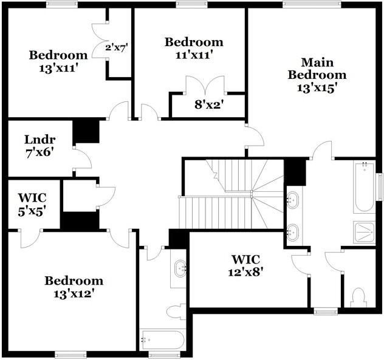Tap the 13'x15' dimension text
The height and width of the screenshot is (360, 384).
click(317, 87)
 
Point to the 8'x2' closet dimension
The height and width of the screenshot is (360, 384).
click(209, 104)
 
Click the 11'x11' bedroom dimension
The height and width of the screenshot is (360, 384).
click(194, 54)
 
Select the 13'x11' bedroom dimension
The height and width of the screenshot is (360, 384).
click(58, 67)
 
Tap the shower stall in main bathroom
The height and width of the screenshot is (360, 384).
click(365, 233)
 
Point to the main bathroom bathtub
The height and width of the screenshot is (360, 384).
click(365, 186)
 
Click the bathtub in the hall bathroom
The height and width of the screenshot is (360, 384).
click(162, 339)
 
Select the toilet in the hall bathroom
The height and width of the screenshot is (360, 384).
click(176, 312)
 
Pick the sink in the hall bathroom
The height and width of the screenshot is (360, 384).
click(180, 268)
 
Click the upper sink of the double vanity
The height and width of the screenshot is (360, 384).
click(293, 198)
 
